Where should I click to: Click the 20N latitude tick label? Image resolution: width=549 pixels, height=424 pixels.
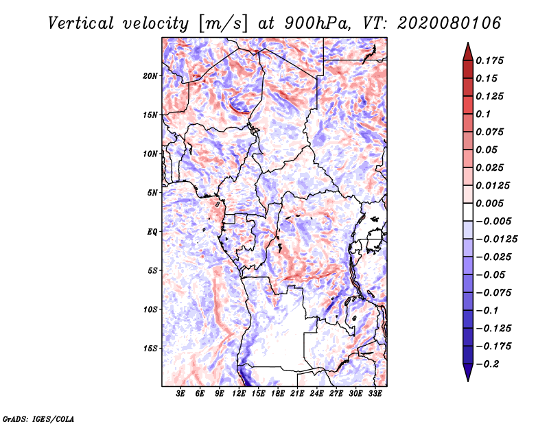click(150, 75)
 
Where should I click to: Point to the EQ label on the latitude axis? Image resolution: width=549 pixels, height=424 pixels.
click(152, 231)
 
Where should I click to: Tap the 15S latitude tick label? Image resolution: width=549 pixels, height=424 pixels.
click(150, 348)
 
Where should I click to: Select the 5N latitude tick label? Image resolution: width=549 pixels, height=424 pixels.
click(152, 192)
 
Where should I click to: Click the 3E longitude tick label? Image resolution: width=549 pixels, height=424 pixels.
click(180, 394)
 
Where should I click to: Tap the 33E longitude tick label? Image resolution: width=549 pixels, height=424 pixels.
click(375, 394)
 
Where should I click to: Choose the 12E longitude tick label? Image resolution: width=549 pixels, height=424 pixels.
click(239, 394)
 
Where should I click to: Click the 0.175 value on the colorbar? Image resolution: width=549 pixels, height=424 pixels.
click(491, 60)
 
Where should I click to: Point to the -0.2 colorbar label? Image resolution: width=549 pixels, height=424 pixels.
click(491, 364)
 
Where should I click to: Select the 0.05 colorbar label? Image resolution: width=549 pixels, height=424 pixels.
click(489, 150)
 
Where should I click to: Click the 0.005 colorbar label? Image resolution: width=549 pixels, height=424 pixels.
click(491, 203)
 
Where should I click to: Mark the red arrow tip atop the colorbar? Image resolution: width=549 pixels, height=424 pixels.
click(467, 46)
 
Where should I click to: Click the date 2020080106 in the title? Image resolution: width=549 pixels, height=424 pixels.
click(442, 23)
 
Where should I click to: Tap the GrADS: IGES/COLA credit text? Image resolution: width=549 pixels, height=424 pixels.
click(38, 418)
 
